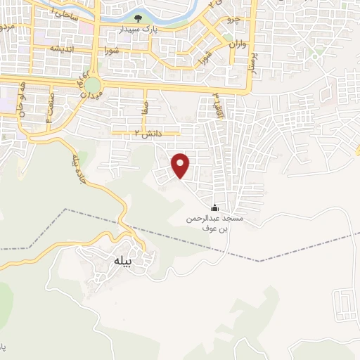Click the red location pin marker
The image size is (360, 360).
(181, 165)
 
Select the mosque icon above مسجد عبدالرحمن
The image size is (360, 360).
(214, 207)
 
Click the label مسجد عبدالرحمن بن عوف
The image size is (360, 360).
(214, 223)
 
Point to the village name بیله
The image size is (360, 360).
(122, 262)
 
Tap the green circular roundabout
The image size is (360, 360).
(93, 84)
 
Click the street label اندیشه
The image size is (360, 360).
(62, 49)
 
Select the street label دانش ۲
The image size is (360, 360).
(148, 132)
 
